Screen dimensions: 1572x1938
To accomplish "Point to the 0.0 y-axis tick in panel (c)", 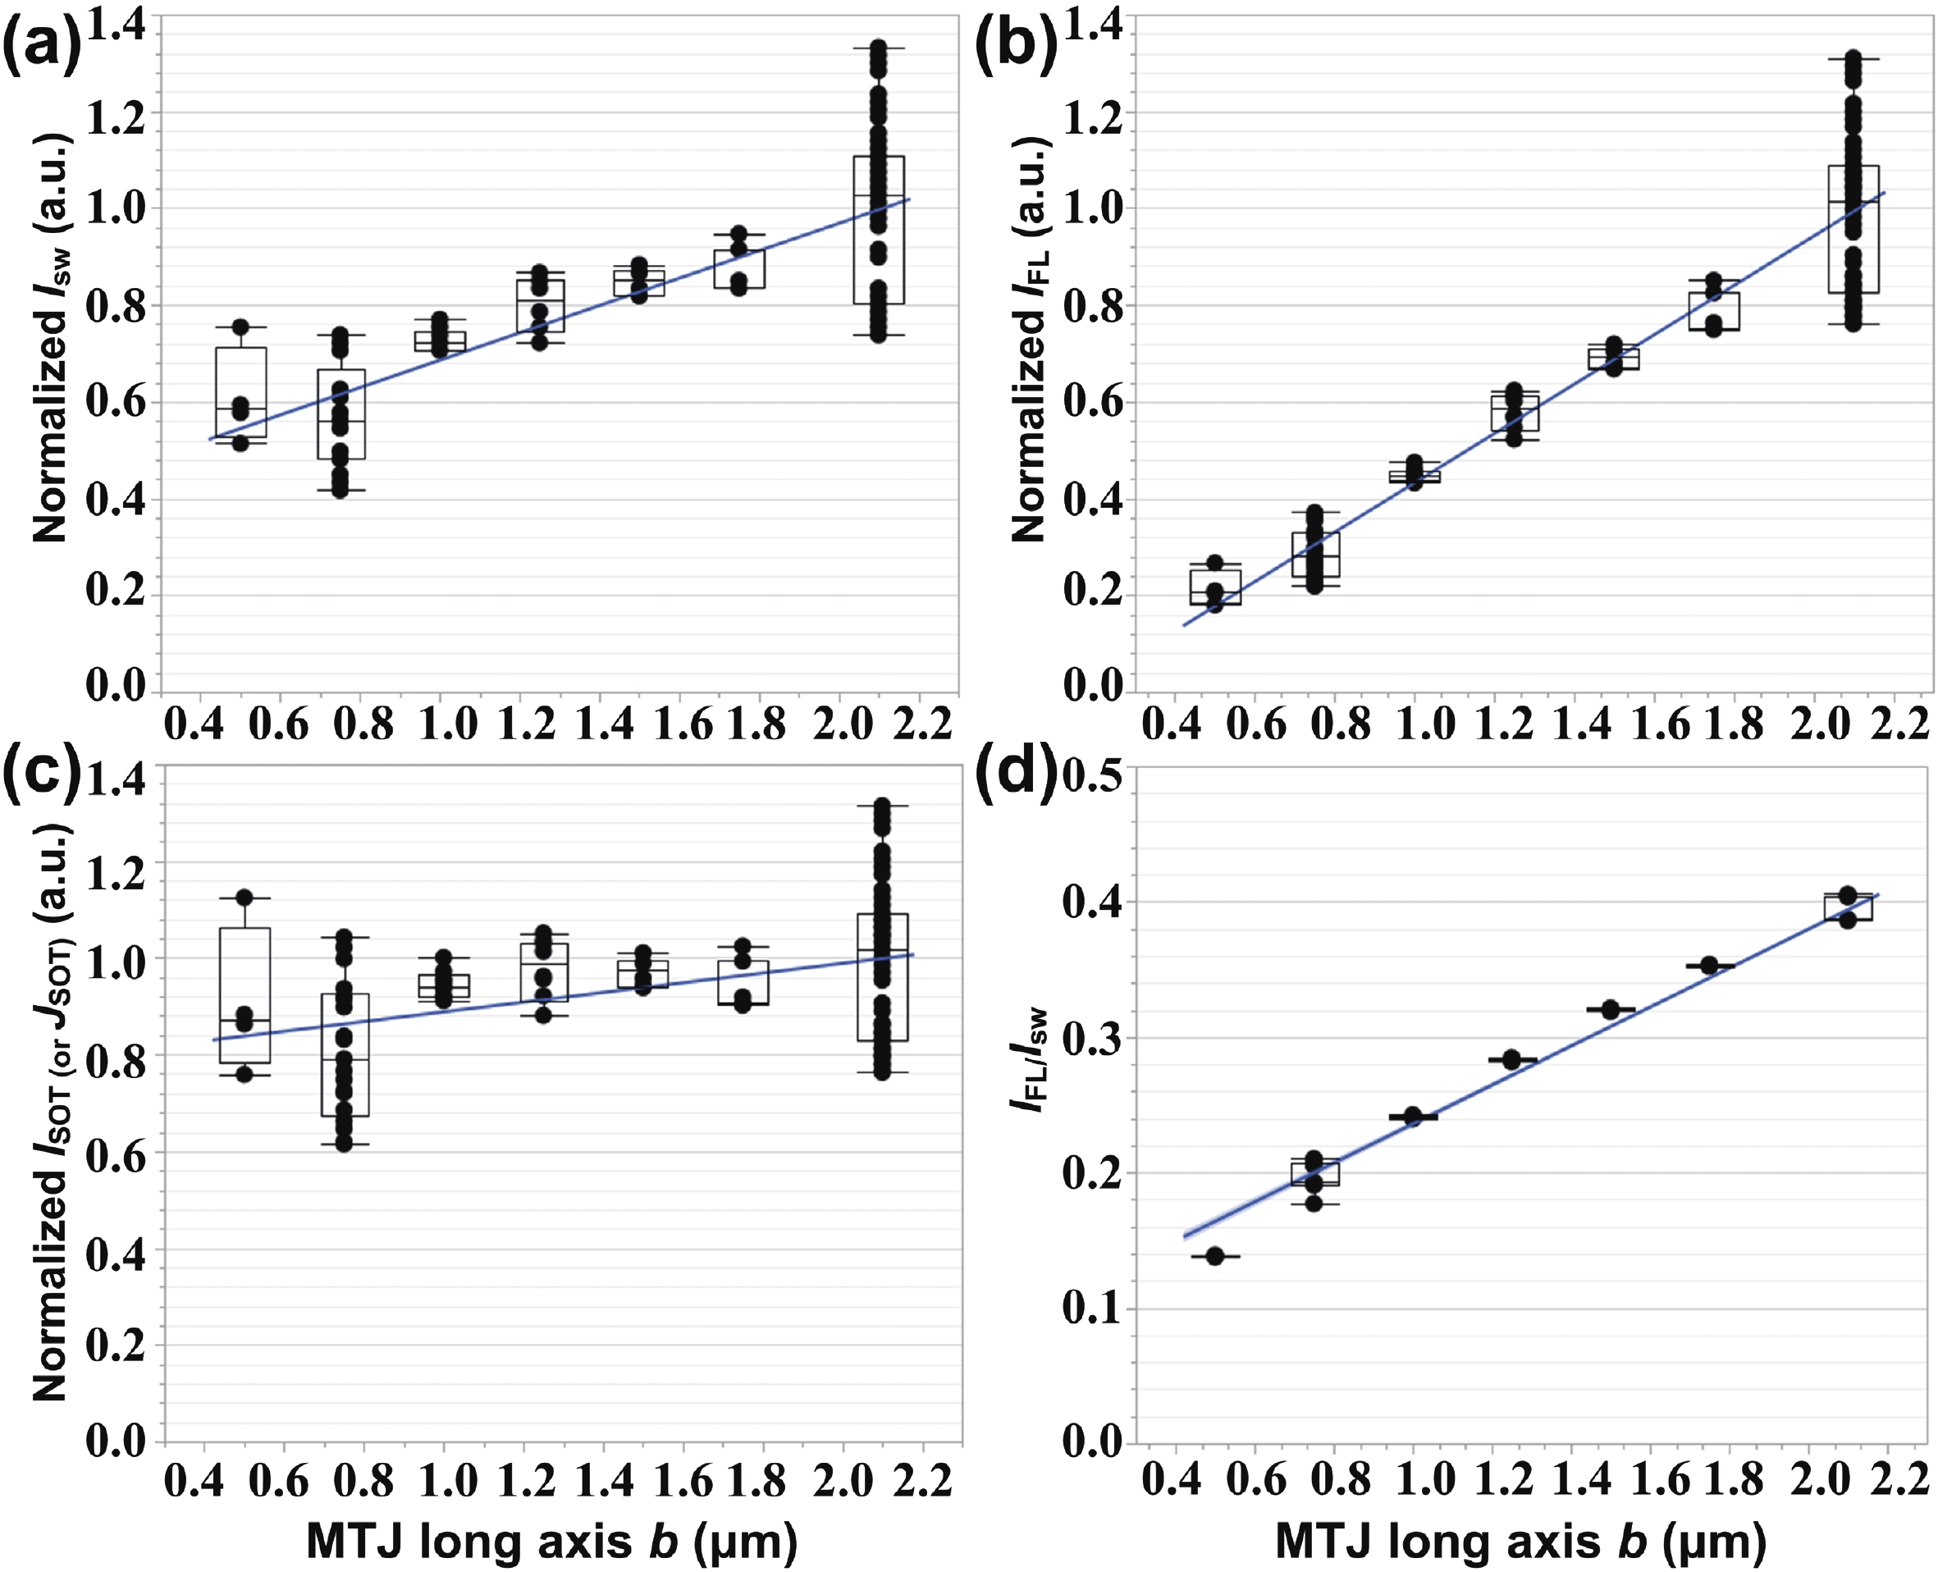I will pos(116,1440).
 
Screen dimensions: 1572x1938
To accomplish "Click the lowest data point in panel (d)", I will pos(1215,1256).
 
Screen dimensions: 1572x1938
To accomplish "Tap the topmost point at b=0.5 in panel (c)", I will pos(245,898).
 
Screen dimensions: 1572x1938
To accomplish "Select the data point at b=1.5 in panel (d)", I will pos(1610,1010).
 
